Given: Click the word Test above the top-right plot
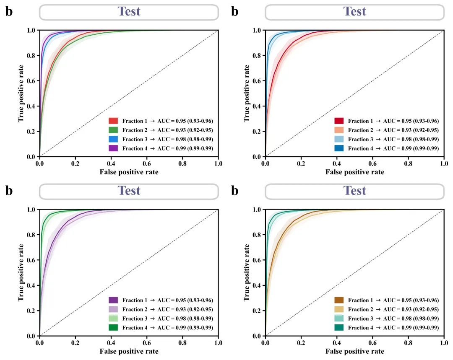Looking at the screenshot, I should coord(355,11).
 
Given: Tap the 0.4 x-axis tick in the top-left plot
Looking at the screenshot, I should coord(111,163).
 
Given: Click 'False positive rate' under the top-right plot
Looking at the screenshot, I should coord(354,172).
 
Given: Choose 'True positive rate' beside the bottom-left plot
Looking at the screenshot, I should coord(21,273).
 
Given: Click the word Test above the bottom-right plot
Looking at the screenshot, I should coord(355,191).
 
